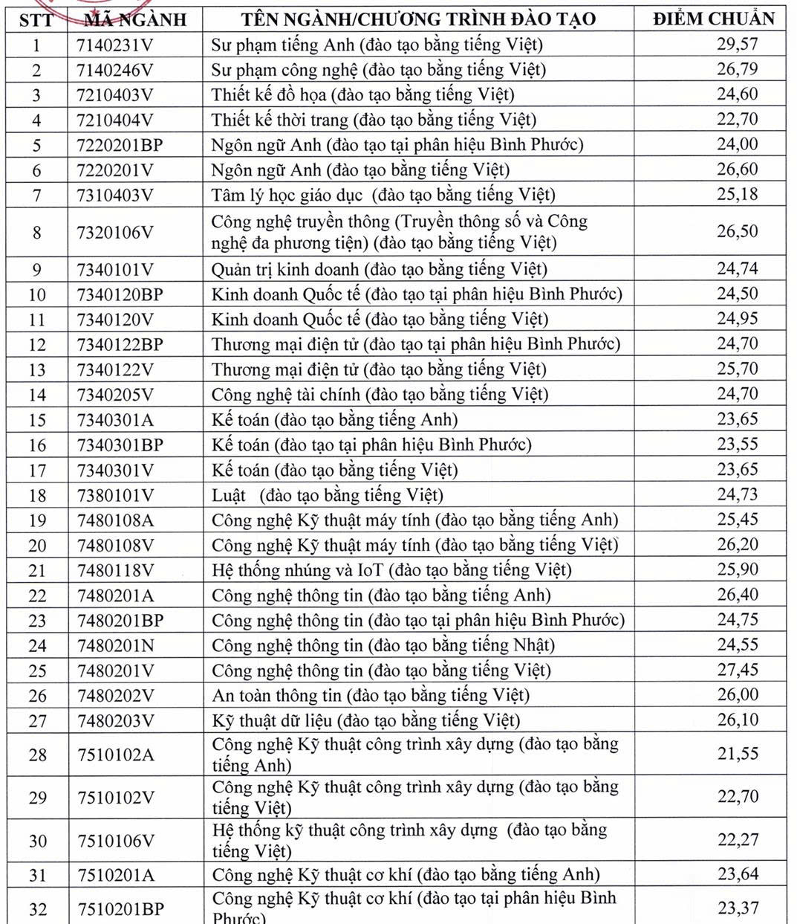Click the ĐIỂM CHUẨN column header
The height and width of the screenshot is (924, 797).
[713, 19]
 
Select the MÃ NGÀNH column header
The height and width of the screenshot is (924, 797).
[134, 19]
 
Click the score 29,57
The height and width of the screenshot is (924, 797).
[737, 44]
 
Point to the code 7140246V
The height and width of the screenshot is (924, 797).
[114, 70]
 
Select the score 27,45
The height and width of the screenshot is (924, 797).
[737, 670]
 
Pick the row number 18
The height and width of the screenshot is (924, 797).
[37, 495]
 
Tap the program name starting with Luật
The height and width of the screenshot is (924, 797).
[327, 495]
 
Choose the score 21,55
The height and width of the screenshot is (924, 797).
[737, 754]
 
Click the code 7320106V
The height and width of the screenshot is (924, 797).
[114, 232]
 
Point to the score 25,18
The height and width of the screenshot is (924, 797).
[737, 195]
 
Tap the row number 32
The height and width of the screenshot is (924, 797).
[37, 908]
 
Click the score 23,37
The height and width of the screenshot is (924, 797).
[737, 908]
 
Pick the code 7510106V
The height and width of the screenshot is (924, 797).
[116, 841]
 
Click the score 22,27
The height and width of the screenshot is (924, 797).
[737, 840]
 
